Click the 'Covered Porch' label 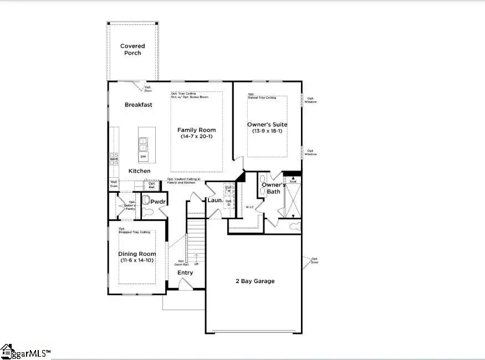click(132, 50)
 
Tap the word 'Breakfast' click(138, 105)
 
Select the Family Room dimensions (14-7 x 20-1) click(196, 137)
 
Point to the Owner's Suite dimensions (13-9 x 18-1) click(267, 131)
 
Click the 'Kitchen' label click(139, 171)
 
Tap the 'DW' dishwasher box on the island click(143, 157)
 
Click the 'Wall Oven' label click(114, 183)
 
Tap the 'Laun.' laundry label click(215, 200)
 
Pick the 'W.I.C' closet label click(249, 207)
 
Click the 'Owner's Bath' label click(273, 188)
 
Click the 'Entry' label click(185, 272)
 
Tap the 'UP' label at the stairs click(196, 264)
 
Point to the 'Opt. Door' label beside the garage click(314, 260)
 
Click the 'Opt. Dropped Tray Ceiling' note click(134, 230)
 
